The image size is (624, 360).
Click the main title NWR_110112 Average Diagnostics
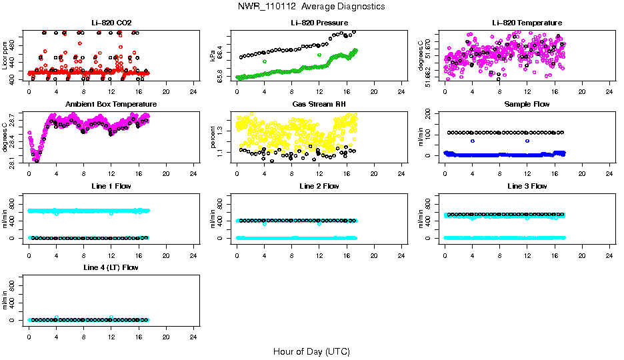[311, 7]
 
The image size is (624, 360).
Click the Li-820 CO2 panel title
[111, 23]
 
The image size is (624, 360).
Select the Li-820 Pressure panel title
[319, 23]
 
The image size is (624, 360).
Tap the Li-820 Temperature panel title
[527, 23]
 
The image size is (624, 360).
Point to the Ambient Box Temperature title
[111, 105]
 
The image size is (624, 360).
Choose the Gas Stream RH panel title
[319, 105]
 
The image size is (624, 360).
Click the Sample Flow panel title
[527, 105]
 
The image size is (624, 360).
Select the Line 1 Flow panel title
[111, 186]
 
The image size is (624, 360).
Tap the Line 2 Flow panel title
[319, 186]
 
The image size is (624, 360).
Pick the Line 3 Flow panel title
[527, 186]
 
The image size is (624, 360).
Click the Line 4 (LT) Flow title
[111, 267]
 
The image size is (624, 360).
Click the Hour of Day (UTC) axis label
[311, 351]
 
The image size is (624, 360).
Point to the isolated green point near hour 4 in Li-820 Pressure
[265, 61]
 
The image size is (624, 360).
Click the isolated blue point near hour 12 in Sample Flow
[527, 141]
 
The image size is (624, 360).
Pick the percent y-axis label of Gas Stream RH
[213, 137]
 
